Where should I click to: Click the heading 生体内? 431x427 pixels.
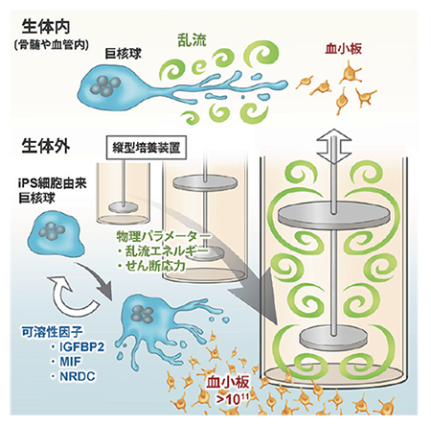click(x=46, y=27)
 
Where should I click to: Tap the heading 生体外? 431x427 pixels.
click(x=46, y=147)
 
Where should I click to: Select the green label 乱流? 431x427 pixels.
click(x=192, y=40)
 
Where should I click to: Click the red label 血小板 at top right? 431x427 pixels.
click(x=343, y=49)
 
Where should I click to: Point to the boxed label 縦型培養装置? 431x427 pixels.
click(x=147, y=148)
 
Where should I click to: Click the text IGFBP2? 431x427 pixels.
click(x=82, y=346)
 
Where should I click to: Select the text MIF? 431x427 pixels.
click(x=71, y=362)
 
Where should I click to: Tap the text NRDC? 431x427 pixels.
click(x=78, y=376)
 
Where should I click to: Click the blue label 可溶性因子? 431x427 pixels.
click(x=52, y=332)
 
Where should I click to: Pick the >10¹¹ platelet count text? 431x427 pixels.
click(x=233, y=399)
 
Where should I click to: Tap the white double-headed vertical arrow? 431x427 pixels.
click(x=333, y=146)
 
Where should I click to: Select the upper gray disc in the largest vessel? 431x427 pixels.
click(x=334, y=216)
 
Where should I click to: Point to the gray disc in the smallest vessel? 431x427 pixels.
click(x=123, y=206)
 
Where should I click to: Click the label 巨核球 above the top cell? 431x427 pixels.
click(x=124, y=54)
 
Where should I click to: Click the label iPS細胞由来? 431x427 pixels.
click(x=53, y=184)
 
